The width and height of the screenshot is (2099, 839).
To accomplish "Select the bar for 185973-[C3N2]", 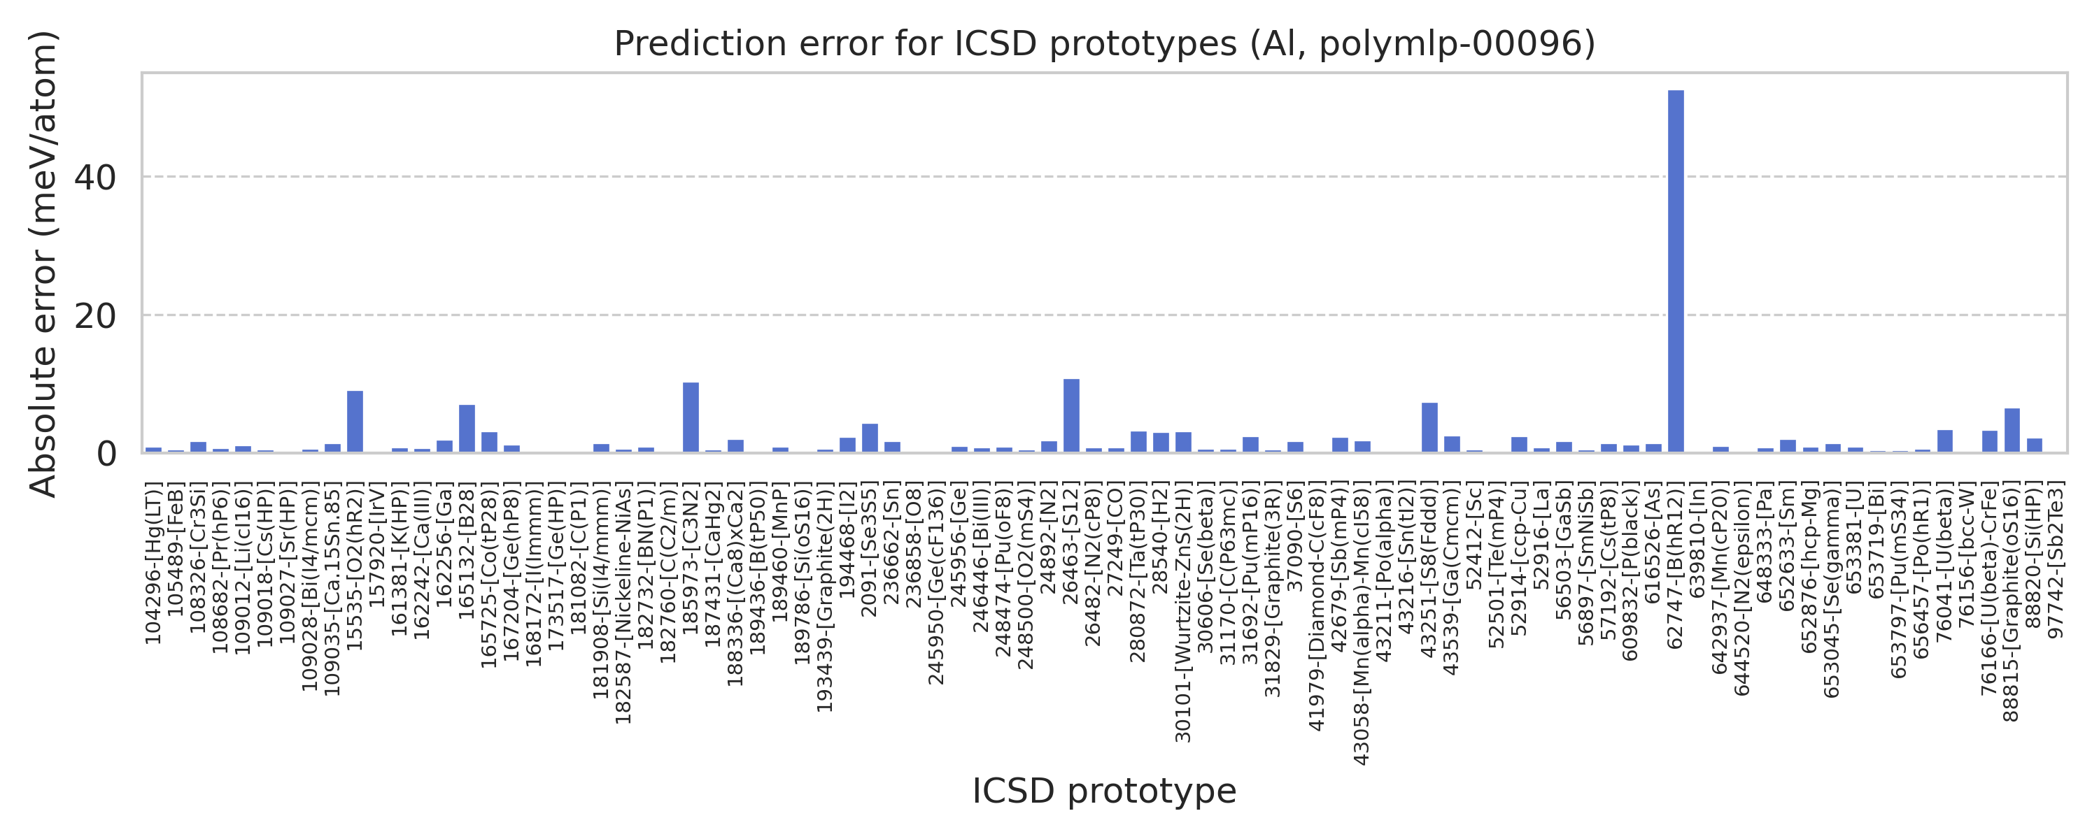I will tap(690, 417).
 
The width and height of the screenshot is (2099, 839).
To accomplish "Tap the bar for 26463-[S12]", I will tap(1071, 415).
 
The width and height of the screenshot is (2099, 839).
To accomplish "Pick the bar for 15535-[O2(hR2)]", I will tap(355, 421).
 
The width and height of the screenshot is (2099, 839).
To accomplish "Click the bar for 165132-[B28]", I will tap(467, 429).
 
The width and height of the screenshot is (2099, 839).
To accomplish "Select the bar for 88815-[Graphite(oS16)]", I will tap(2012, 430).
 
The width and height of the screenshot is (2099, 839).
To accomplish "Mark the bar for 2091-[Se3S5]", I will tap(870, 438).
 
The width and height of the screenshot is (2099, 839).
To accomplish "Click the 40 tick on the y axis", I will tap(95, 178).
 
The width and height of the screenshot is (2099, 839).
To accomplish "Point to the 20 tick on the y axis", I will tap(95, 316).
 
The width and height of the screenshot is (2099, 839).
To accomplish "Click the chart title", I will tap(1104, 44).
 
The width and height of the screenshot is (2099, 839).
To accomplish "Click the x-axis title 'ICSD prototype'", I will tap(1104, 791).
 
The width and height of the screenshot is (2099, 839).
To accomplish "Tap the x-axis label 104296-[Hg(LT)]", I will tap(153, 562).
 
